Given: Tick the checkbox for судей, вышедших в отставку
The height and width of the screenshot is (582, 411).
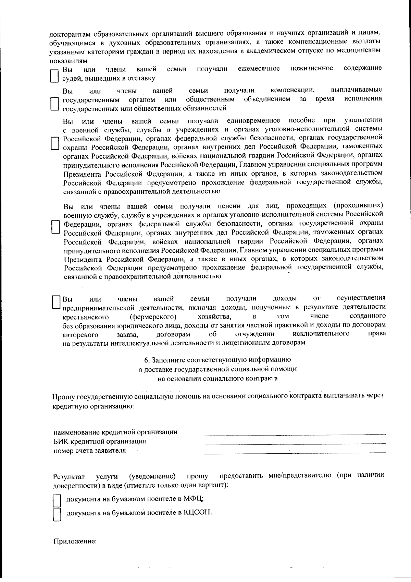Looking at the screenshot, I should pos(54,75).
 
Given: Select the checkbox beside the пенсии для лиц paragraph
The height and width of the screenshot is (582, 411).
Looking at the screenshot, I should pos(54,226).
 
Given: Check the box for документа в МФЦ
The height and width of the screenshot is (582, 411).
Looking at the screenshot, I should pos(57,501).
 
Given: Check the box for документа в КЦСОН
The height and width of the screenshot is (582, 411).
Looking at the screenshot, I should pos(57,515).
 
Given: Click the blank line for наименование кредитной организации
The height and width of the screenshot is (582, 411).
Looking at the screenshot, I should pos(295,435).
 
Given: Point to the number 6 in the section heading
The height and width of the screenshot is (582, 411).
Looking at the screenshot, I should pos(146,360).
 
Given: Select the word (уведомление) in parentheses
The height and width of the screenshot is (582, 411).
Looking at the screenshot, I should pos(152,476).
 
